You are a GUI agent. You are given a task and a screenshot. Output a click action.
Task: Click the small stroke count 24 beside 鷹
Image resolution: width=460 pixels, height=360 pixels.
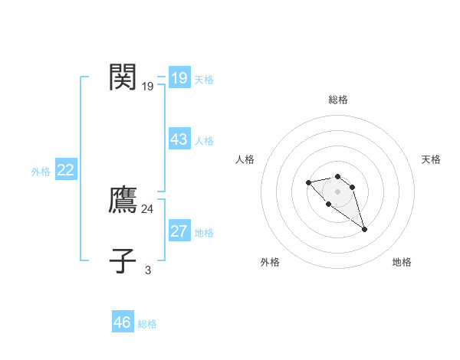147,208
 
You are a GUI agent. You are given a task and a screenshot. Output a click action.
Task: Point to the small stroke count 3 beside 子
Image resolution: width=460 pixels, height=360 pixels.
147,270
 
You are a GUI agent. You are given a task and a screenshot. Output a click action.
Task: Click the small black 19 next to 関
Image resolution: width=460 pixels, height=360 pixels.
147,87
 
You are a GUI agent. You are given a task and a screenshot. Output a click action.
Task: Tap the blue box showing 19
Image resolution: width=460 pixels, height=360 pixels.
179,78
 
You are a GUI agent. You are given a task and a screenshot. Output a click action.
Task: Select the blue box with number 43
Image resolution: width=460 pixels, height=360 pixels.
179,139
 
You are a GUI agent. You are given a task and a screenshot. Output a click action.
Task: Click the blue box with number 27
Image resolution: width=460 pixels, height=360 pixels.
179,231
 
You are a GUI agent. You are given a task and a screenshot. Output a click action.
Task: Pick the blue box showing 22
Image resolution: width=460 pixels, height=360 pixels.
65,170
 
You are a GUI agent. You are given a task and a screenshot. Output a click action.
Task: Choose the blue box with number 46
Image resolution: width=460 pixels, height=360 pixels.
122,322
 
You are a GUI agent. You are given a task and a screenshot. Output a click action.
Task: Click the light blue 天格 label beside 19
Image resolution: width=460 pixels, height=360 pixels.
204,80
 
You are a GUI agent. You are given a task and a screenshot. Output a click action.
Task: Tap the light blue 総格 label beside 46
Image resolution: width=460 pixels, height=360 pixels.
147,324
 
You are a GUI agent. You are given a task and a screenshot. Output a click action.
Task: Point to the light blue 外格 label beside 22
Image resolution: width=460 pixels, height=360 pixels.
41,172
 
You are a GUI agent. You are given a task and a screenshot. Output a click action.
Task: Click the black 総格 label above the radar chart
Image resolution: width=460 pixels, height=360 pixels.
337,100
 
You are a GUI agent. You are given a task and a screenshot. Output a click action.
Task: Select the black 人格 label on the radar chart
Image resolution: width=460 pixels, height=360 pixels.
245,159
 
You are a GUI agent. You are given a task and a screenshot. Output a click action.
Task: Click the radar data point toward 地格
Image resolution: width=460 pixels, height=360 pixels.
364,229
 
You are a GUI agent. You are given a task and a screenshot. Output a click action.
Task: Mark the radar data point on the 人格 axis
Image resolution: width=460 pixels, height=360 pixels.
308,182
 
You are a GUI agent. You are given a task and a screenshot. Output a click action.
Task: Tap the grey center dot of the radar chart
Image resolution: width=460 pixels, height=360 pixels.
337,191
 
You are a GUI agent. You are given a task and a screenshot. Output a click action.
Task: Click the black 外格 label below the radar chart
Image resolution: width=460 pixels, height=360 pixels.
270,262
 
